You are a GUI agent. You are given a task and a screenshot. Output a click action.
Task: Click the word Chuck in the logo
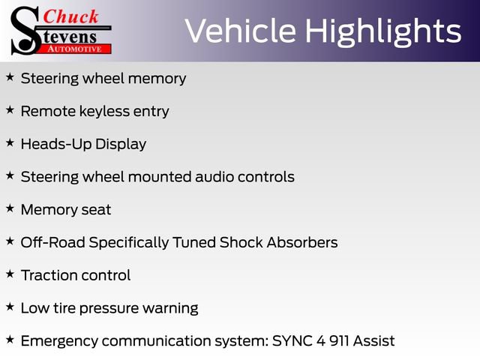70,16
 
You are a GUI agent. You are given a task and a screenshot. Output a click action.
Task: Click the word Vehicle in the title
240,31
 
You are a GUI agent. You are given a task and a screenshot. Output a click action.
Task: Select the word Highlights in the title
383,32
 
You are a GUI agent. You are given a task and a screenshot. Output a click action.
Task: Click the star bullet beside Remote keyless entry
10,110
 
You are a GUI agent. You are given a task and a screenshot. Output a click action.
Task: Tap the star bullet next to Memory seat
10,208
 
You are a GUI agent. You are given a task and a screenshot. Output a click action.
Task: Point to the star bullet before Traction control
10,274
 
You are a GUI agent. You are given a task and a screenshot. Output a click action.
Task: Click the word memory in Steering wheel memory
157,79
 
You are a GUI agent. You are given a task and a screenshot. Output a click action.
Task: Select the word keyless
104,111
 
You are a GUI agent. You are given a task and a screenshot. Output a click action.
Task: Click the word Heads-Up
56,145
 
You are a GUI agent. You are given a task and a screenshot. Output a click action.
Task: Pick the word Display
121,145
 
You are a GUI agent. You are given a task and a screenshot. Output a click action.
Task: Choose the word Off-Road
53,242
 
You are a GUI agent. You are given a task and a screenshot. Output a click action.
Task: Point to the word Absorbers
302,242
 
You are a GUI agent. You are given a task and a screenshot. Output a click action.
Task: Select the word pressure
109,308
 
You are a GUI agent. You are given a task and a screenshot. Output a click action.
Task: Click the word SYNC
292,340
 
